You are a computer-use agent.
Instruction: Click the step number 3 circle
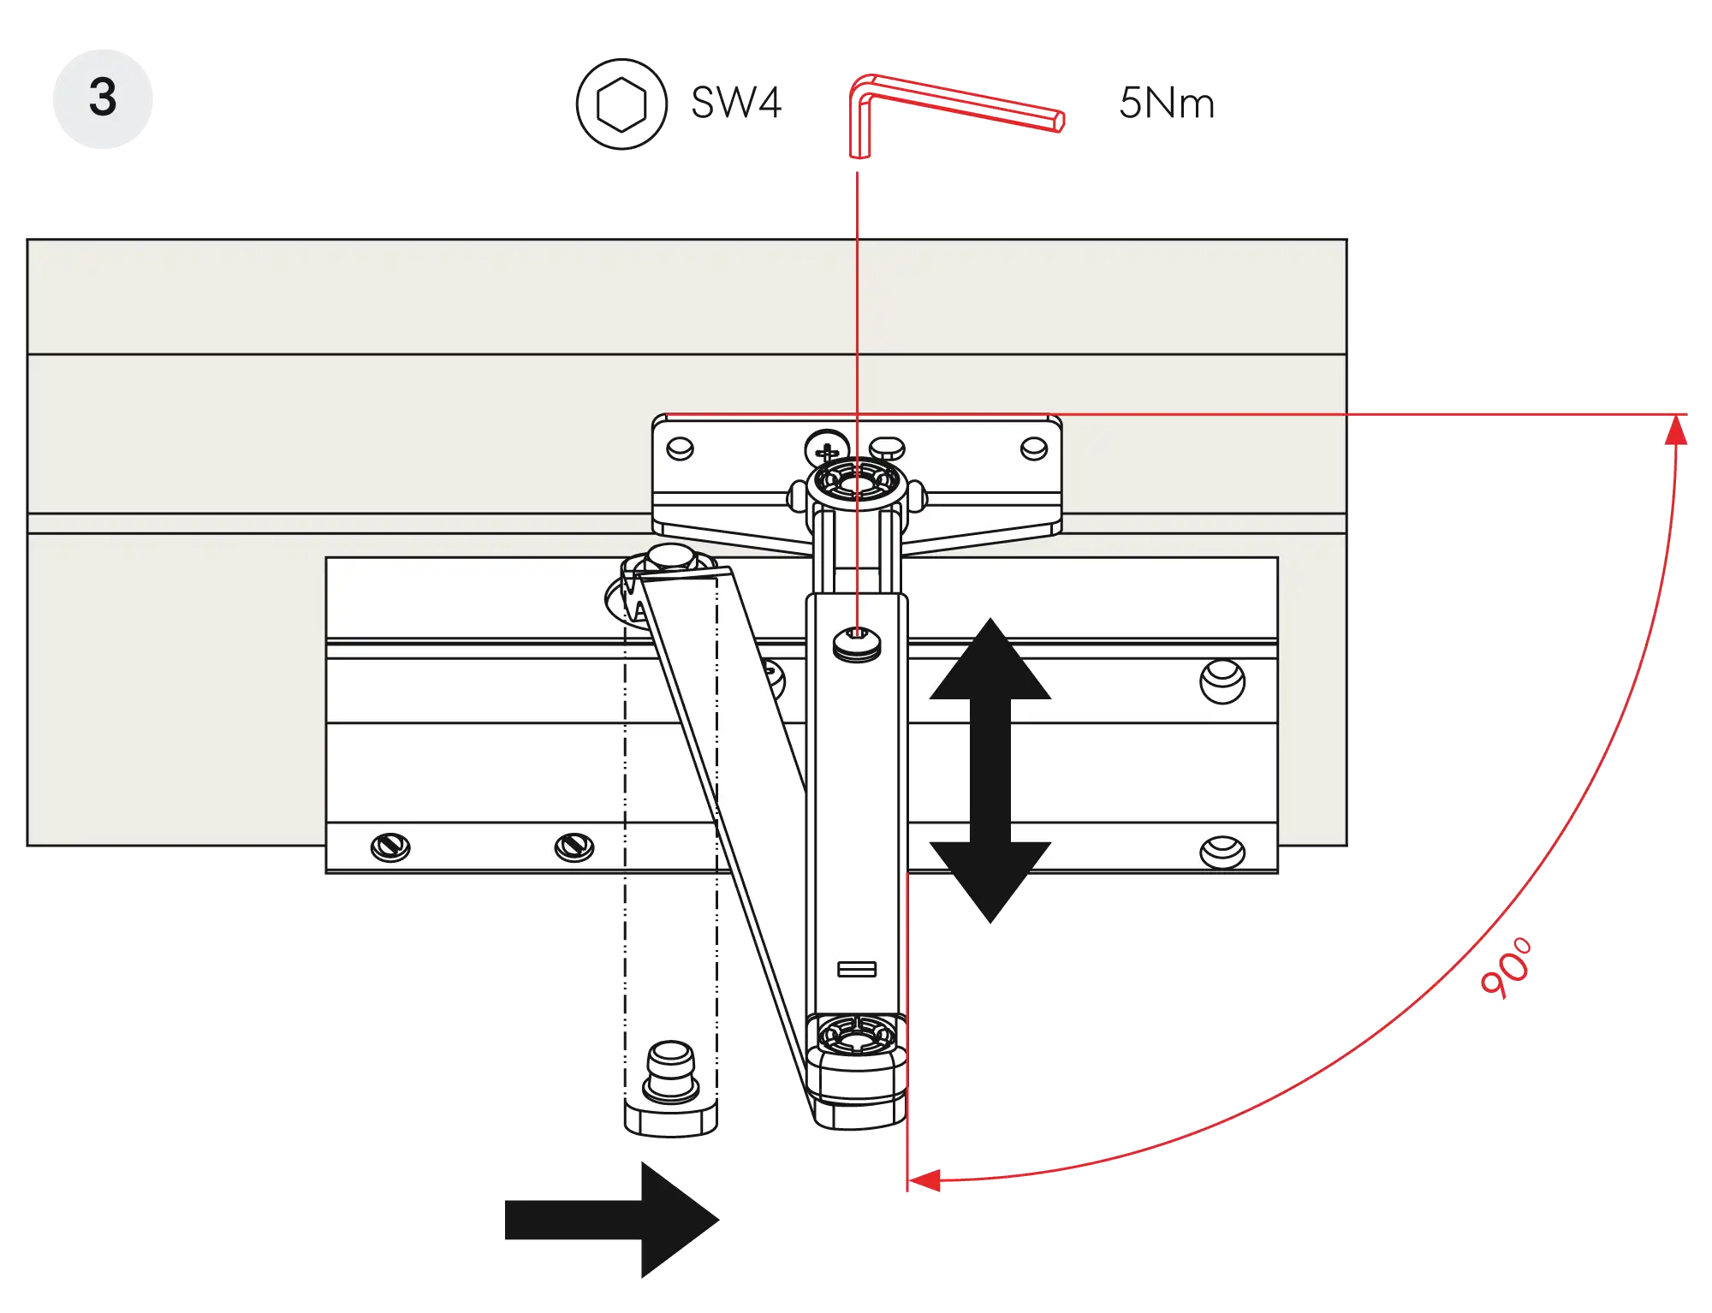103,98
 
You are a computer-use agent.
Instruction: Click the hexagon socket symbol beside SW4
621,104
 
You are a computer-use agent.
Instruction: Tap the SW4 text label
737,103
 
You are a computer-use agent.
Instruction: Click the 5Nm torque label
1166,104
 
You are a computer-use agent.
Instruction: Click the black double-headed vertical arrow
990,770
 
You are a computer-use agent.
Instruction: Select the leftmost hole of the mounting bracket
680,449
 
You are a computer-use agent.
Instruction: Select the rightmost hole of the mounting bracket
1034,449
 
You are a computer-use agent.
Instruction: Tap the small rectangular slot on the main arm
857,969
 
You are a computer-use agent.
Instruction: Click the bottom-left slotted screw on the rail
390,847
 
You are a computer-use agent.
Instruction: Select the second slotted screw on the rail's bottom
574,847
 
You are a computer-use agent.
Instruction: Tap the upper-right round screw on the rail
1222,680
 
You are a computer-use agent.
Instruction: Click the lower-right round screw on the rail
1222,851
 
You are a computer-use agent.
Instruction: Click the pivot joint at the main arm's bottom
857,1040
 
